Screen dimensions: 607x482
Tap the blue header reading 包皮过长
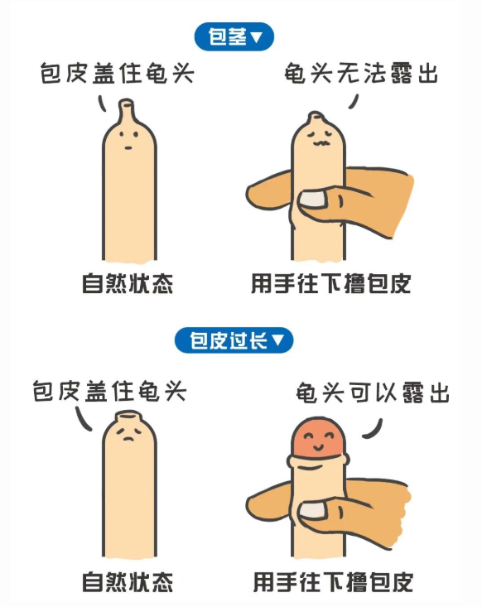pos(234,340)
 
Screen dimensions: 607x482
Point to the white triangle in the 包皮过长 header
pos(277,340)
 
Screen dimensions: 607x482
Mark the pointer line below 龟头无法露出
pos(354,101)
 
